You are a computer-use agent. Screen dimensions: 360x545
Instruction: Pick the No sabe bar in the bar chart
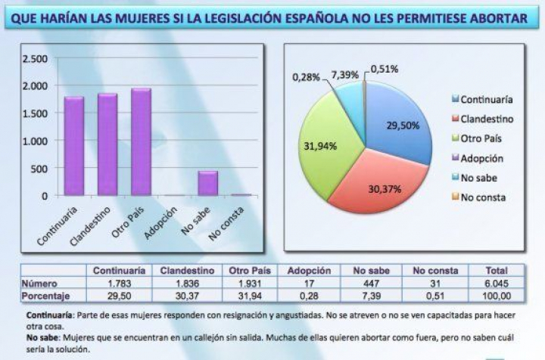click(207, 183)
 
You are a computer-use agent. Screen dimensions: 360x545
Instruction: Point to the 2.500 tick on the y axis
click(36, 59)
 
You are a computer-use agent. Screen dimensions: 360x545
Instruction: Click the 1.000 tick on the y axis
click(36, 141)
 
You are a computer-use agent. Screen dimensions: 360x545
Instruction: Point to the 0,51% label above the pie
click(385, 69)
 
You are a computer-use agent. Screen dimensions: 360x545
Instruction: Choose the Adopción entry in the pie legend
click(481, 158)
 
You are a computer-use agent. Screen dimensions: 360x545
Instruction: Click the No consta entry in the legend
click(482, 197)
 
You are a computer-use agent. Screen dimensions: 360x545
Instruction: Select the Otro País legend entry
click(481, 138)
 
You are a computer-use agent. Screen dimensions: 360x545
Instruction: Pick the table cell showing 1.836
click(186, 283)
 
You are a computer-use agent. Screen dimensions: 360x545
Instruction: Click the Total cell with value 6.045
click(497, 283)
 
